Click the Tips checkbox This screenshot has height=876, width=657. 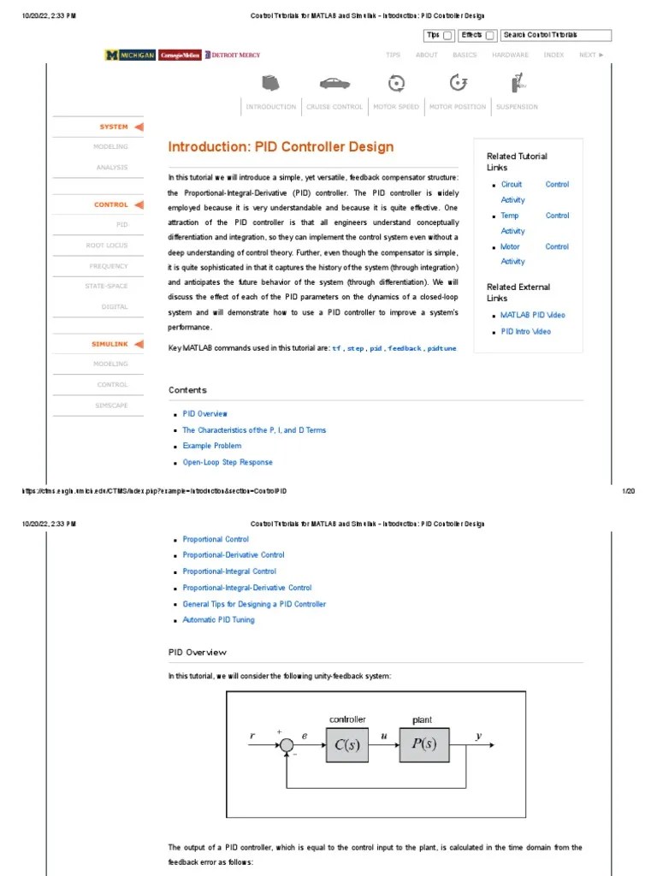coord(447,35)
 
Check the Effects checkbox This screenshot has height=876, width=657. coord(489,35)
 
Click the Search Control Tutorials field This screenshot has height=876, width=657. coord(556,35)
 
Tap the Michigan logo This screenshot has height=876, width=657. coord(130,55)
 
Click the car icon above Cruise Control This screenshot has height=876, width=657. coord(334,83)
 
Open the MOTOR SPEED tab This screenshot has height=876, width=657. coord(396,107)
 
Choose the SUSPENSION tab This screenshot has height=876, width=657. coord(517,107)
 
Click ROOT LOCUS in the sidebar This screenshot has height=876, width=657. coord(107,246)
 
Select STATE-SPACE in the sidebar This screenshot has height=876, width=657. coord(106,286)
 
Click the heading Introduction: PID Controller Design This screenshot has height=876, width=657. coord(281,146)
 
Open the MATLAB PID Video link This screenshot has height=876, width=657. coord(532,315)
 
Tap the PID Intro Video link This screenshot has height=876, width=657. coord(525,331)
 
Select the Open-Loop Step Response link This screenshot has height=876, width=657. coord(228,462)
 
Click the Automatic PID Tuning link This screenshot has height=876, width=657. coord(218,619)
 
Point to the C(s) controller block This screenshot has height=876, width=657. coord(346,744)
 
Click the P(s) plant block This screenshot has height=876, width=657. coord(423,744)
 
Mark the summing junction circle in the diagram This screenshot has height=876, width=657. coord(286,745)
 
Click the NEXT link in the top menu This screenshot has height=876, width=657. coord(590,55)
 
